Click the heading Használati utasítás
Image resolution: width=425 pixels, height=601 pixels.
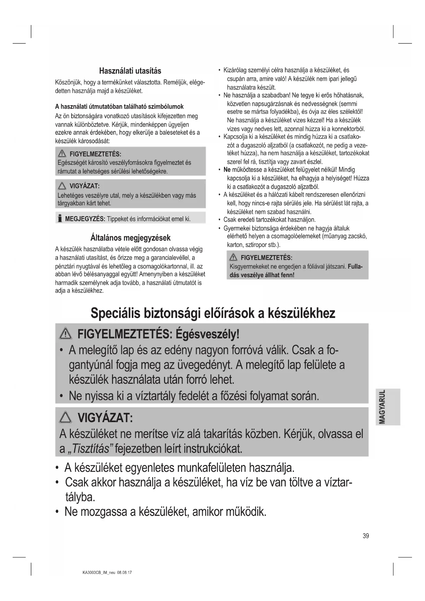coord(130,71)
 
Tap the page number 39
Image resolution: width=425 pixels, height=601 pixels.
coord(366,536)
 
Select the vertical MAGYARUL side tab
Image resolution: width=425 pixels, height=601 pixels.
coord(387,407)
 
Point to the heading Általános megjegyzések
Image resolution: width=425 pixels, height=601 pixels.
coord(130,238)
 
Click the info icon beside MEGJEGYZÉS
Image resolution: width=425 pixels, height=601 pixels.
coord(60,218)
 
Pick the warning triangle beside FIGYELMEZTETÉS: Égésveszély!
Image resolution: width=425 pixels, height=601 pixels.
coord(65,333)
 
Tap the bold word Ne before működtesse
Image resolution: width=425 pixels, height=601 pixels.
coord(227,170)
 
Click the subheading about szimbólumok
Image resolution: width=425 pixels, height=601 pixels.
coord(119,107)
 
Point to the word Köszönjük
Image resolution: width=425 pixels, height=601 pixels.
coord(68,83)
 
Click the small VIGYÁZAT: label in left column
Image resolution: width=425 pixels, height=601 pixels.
coord(84,186)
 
